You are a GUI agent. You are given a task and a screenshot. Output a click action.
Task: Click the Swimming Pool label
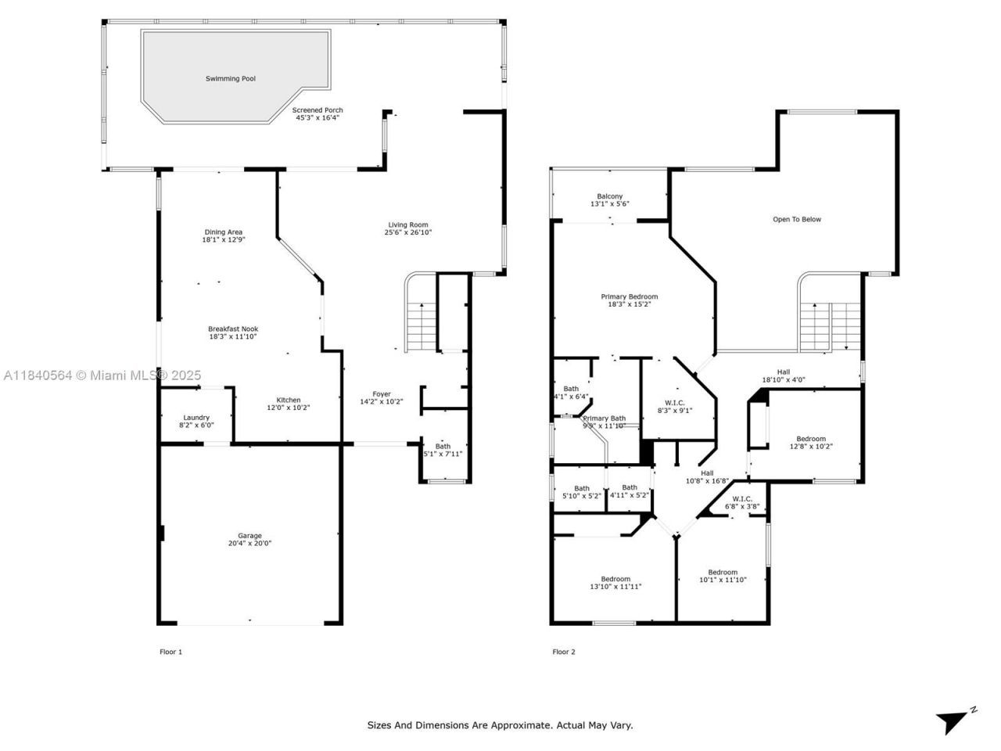point(231,79)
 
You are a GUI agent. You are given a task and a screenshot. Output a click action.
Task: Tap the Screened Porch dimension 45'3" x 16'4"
point(318,119)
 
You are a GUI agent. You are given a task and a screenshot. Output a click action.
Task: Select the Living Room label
point(407,225)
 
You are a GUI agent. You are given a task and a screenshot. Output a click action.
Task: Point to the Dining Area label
point(224,232)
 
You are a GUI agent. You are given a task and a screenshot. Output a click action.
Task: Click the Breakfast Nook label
point(233,329)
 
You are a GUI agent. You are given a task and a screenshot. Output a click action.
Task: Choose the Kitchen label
point(289,401)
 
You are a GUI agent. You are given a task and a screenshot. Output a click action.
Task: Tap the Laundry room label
point(196,418)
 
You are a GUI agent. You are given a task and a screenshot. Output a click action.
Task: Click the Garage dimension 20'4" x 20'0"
point(250,544)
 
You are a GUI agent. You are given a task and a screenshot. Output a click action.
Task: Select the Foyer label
point(382,394)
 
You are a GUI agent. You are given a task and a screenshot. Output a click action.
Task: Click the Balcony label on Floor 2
point(610,196)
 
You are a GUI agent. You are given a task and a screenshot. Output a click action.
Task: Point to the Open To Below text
point(797,220)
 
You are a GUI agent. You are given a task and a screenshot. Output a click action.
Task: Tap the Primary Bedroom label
point(630,297)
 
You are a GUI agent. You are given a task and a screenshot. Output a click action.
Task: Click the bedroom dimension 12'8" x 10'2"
point(811,447)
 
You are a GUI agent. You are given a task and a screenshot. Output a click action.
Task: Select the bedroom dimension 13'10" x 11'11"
point(615,587)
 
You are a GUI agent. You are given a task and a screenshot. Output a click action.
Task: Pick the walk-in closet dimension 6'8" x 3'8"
point(742,507)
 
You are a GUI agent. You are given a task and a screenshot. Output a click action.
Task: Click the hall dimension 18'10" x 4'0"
point(784,381)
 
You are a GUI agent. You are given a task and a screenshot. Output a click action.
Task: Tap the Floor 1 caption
point(170,652)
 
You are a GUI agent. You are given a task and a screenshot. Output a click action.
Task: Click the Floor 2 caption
point(564,652)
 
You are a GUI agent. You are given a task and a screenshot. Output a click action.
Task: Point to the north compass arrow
point(953,721)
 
